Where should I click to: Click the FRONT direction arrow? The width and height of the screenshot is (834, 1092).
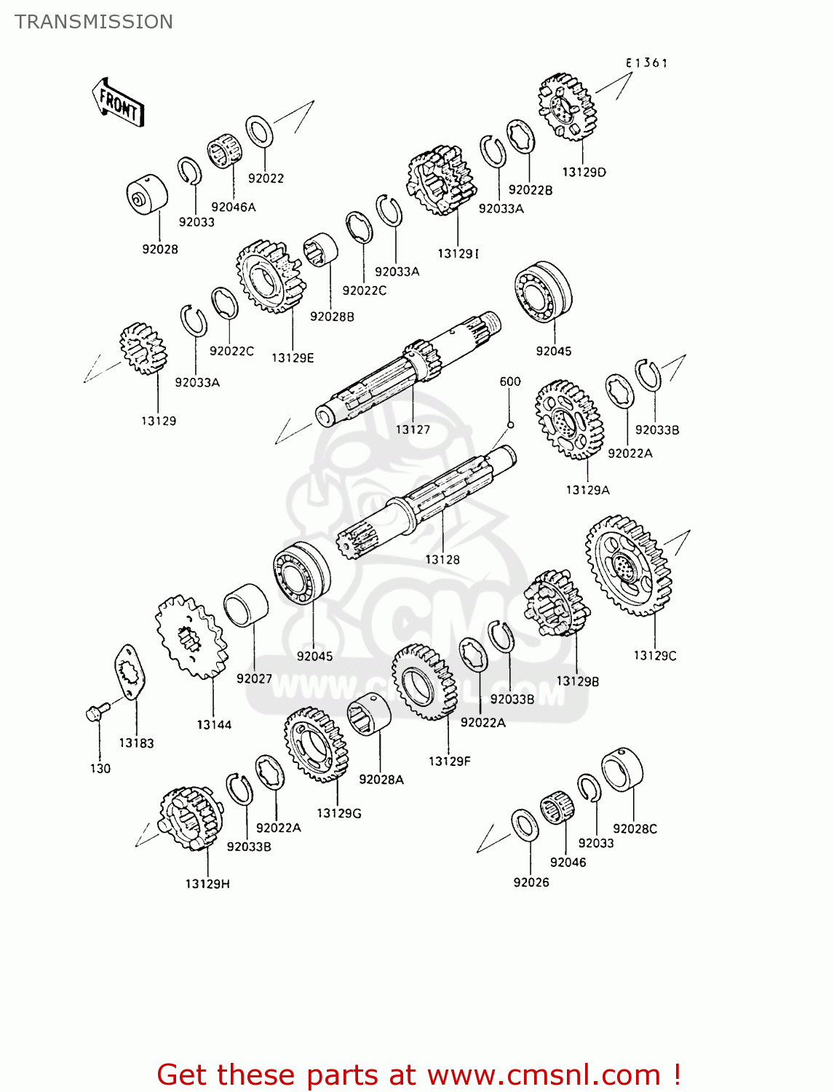point(118,104)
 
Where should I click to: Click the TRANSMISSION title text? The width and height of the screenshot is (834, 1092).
point(94,22)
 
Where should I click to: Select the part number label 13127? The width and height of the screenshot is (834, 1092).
point(413,430)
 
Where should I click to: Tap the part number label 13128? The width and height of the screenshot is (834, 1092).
point(442,559)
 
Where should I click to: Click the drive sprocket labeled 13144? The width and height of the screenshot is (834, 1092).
point(191,638)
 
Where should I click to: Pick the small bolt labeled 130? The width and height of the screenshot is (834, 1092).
point(97,711)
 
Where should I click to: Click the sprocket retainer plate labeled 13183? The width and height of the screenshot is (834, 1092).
point(130,672)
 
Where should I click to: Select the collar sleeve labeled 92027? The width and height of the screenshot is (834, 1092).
point(245,604)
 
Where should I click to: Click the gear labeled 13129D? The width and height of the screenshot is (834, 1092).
point(568,107)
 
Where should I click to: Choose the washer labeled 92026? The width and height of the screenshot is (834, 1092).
point(525,824)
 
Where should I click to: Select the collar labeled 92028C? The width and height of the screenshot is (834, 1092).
point(622,769)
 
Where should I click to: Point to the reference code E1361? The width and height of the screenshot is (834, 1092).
point(646,63)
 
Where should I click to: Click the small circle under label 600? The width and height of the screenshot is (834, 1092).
point(510,425)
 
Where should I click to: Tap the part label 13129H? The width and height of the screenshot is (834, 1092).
point(207,884)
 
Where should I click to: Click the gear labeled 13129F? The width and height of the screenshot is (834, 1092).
point(424,682)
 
